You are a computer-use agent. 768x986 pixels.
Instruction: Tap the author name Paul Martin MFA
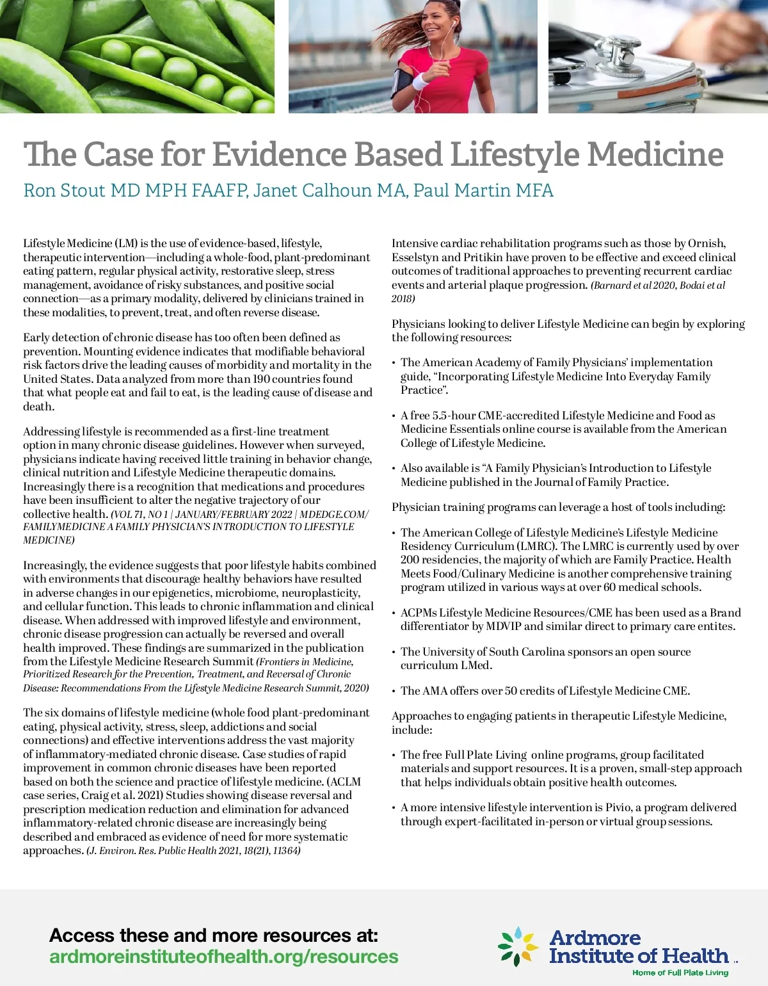(x=483, y=190)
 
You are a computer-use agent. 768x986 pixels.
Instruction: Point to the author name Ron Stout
(x=65, y=190)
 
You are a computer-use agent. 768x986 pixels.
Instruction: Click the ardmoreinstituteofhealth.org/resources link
(x=223, y=957)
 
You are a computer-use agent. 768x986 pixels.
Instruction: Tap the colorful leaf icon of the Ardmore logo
(x=518, y=946)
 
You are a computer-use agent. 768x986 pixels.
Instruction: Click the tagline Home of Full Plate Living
(x=680, y=973)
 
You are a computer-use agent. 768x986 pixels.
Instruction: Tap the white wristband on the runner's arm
(x=420, y=82)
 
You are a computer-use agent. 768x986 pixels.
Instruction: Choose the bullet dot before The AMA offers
(x=394, y=691)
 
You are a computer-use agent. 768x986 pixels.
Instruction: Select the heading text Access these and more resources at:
(x=214, y=935)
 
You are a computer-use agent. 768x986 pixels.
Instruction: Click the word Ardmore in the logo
(x=595, y=938)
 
